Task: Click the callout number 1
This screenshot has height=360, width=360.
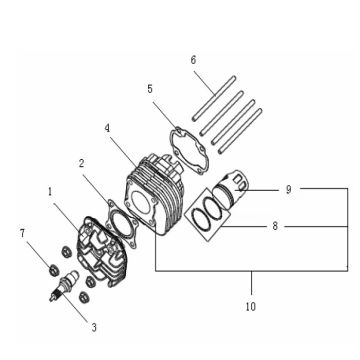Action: (49, 188)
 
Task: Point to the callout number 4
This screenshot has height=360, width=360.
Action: (106, 128)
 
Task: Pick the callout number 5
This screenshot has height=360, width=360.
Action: (150, 89)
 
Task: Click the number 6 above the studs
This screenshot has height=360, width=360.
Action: (193, 59)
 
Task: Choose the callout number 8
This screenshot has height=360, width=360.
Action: (274, 227)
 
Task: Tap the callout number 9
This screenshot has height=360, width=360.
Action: (288, 189)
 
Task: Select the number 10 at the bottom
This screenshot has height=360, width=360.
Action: (252, 306)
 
